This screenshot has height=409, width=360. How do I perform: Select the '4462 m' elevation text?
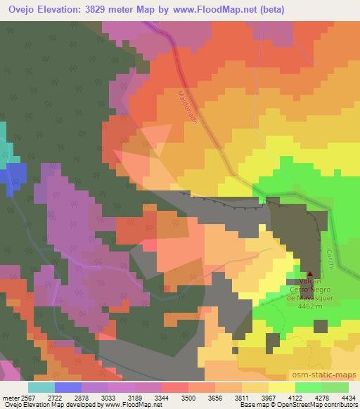(311, 305)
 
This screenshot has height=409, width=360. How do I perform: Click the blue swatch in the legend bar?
(67, 387)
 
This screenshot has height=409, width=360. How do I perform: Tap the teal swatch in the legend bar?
(41, 387)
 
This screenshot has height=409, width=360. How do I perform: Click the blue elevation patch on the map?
(15, 177)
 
